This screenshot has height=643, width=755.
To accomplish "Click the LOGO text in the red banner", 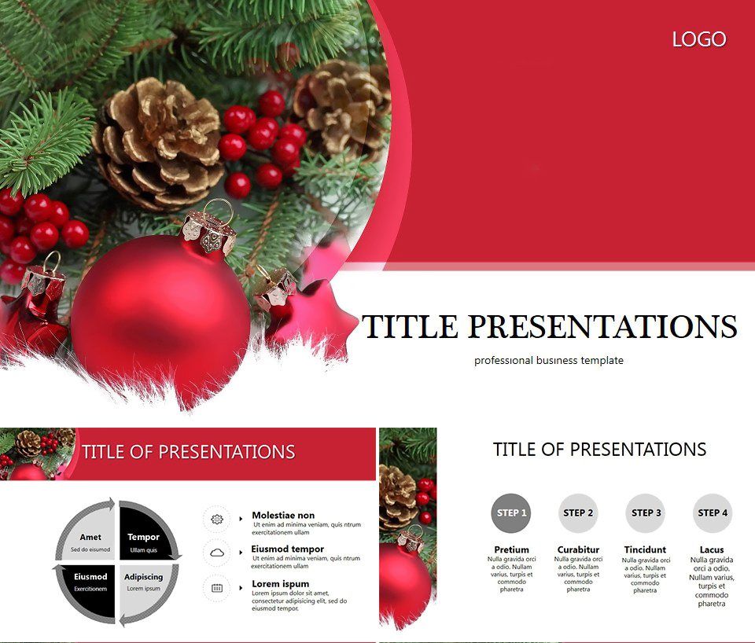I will [699, 39].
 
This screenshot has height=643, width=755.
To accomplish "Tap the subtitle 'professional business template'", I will [548, 360].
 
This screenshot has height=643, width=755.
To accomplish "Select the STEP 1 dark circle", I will [510, 513].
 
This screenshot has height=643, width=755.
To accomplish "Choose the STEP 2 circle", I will [578, 513].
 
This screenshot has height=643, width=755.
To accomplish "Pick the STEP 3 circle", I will [645, 513].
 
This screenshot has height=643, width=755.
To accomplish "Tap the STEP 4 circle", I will [712, 513].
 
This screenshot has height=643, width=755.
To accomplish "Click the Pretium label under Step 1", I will [511, 549].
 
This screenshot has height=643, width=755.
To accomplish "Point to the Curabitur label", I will [578, 549].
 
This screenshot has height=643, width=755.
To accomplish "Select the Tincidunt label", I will [645, 549].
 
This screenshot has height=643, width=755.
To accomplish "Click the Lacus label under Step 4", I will [712, 549].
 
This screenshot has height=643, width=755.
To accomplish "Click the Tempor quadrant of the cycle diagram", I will [143, 539].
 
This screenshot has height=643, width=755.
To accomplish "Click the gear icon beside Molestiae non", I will [217, 520].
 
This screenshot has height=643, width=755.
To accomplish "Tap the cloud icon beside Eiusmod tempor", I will [217, 553].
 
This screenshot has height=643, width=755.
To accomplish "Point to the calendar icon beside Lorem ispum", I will [217, 587].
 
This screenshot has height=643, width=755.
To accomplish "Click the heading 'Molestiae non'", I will [283, 516].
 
